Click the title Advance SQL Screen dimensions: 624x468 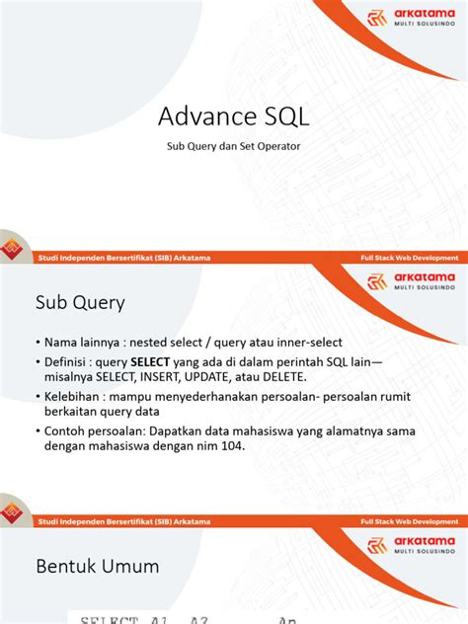click(234, 117)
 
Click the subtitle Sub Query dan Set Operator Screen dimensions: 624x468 click(234, 146)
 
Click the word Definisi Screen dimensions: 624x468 click(71, 360)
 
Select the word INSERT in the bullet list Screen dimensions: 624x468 click(172, 377)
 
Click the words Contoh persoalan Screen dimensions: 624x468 click(97, 430)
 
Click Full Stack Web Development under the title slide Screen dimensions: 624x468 click(408, 258)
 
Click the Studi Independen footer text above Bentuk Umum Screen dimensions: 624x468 click(123, 521)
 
